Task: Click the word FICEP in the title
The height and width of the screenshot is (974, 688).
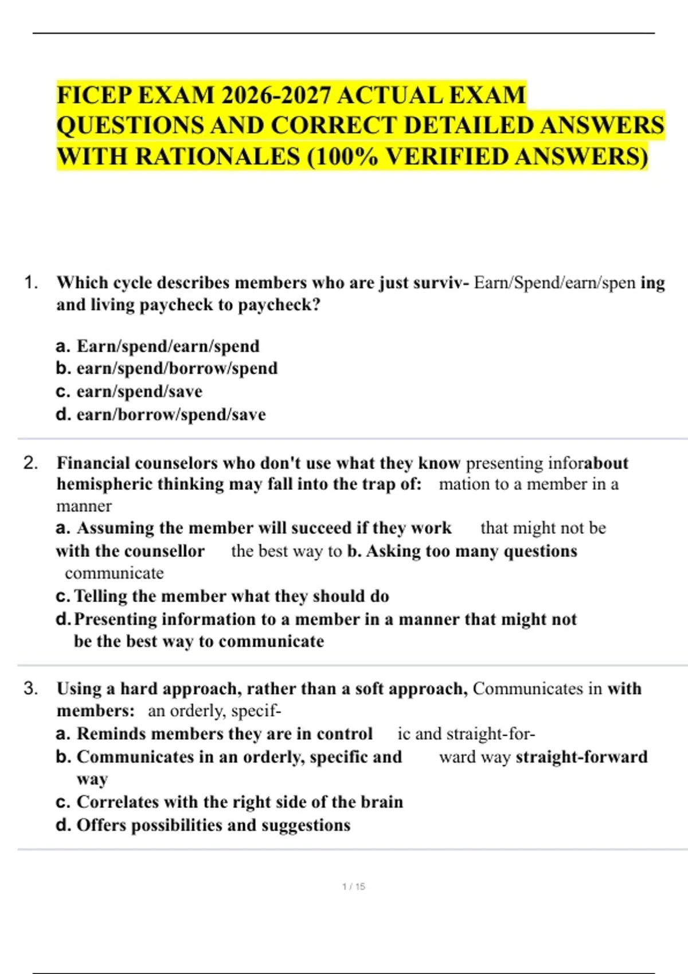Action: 94,95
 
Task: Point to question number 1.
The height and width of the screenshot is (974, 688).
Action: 31,282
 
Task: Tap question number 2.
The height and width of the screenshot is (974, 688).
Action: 31,463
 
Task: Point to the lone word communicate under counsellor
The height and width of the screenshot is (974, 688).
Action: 114,573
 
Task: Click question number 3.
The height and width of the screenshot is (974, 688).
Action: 31,689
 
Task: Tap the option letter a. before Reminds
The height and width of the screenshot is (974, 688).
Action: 63,734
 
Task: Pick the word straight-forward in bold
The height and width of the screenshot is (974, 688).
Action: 581,757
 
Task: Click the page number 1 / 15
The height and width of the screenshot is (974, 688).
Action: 353,886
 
